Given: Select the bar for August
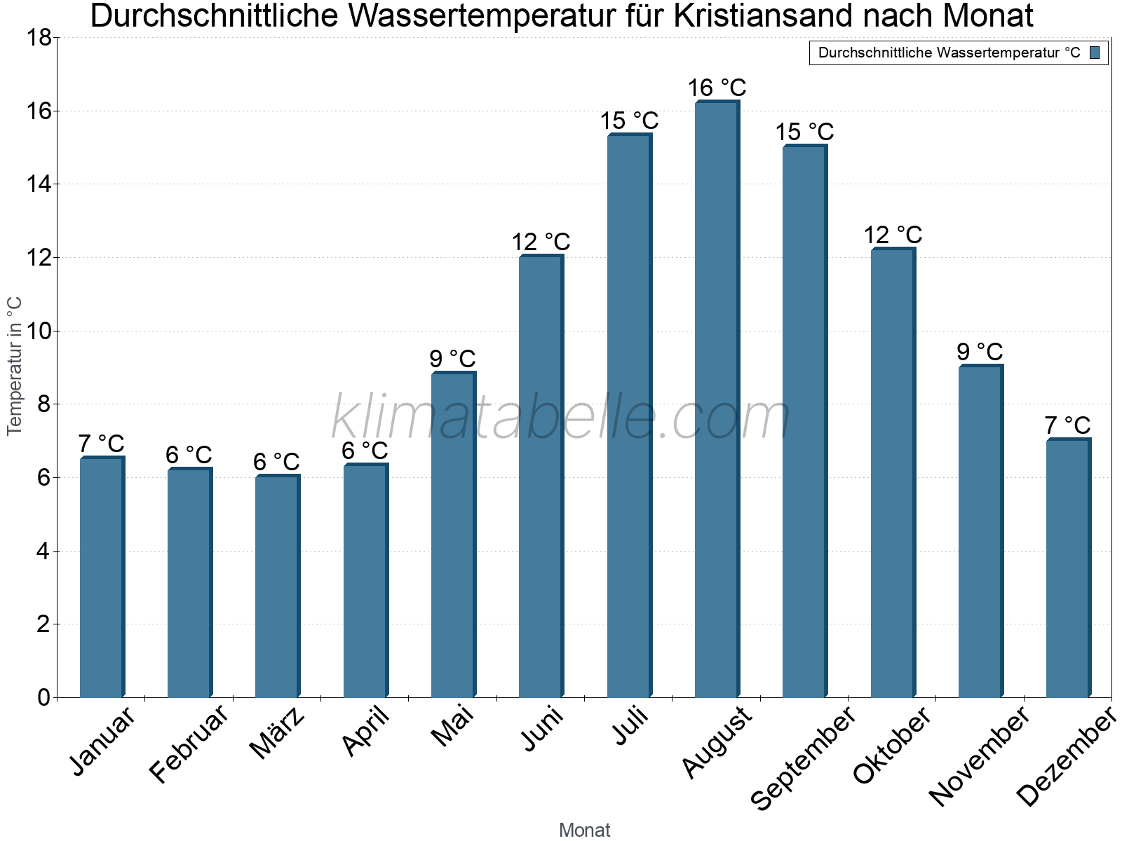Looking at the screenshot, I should click(717, 399).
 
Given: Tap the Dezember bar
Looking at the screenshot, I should click(1068, 568).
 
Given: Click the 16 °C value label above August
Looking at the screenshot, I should click(717, 88).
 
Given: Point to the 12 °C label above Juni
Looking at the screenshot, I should click(541, 242).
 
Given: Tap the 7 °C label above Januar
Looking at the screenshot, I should click(101, 444).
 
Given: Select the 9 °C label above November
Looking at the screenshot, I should click(980, 352).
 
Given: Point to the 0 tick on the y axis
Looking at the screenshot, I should click(43, 697).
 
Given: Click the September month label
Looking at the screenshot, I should click(804, 758).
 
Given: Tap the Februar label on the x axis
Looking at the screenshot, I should click(189, 744).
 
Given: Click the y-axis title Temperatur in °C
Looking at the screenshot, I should click(15, 367).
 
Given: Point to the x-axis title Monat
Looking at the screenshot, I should click(584, 830).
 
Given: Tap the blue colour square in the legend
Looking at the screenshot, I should click(1095, 53).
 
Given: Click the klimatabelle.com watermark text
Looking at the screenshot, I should click(561, 418).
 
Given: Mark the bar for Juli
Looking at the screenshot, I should click(629, 416).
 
